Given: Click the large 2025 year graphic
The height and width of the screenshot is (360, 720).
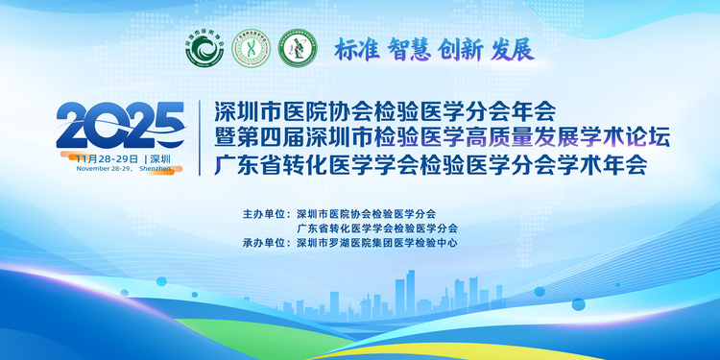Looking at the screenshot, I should point(120,123).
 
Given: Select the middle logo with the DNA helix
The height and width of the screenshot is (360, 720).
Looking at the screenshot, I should point(251,48).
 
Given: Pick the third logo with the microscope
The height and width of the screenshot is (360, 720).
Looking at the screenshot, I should point(298,48).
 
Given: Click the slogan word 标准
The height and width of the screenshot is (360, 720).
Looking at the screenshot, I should point(356,49).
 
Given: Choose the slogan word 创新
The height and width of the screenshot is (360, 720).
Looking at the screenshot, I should point(460,49).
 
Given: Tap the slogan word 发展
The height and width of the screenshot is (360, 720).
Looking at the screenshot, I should point(511,49).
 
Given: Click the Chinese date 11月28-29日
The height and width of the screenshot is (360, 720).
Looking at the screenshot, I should point(107,156).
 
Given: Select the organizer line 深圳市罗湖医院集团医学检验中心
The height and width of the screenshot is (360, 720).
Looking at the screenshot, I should point(377,243).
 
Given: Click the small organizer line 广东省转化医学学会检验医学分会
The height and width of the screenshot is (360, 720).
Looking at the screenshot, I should point(377,228).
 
